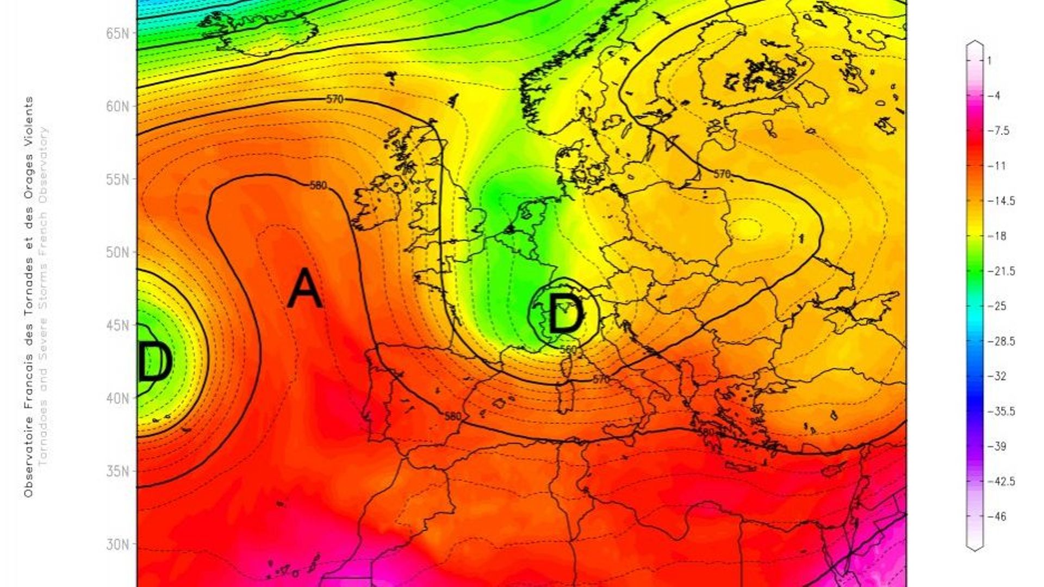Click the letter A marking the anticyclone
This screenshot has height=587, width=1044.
[x=304, y=288]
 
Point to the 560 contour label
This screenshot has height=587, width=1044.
[x=568, y=349]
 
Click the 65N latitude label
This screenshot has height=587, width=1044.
[x=117, y=33]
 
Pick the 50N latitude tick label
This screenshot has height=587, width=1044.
[x=117, y=253]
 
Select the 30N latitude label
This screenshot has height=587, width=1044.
[x=117, y=545]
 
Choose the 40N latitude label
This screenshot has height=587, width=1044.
[x=117, y=399]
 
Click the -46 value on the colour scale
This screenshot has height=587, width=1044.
[x=1000, y=516]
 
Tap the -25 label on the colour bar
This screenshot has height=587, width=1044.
[x=1000, y=306]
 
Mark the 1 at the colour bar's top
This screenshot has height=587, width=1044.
[x=989, y=60]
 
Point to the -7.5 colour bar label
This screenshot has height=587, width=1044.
[x=1001, y=131]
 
